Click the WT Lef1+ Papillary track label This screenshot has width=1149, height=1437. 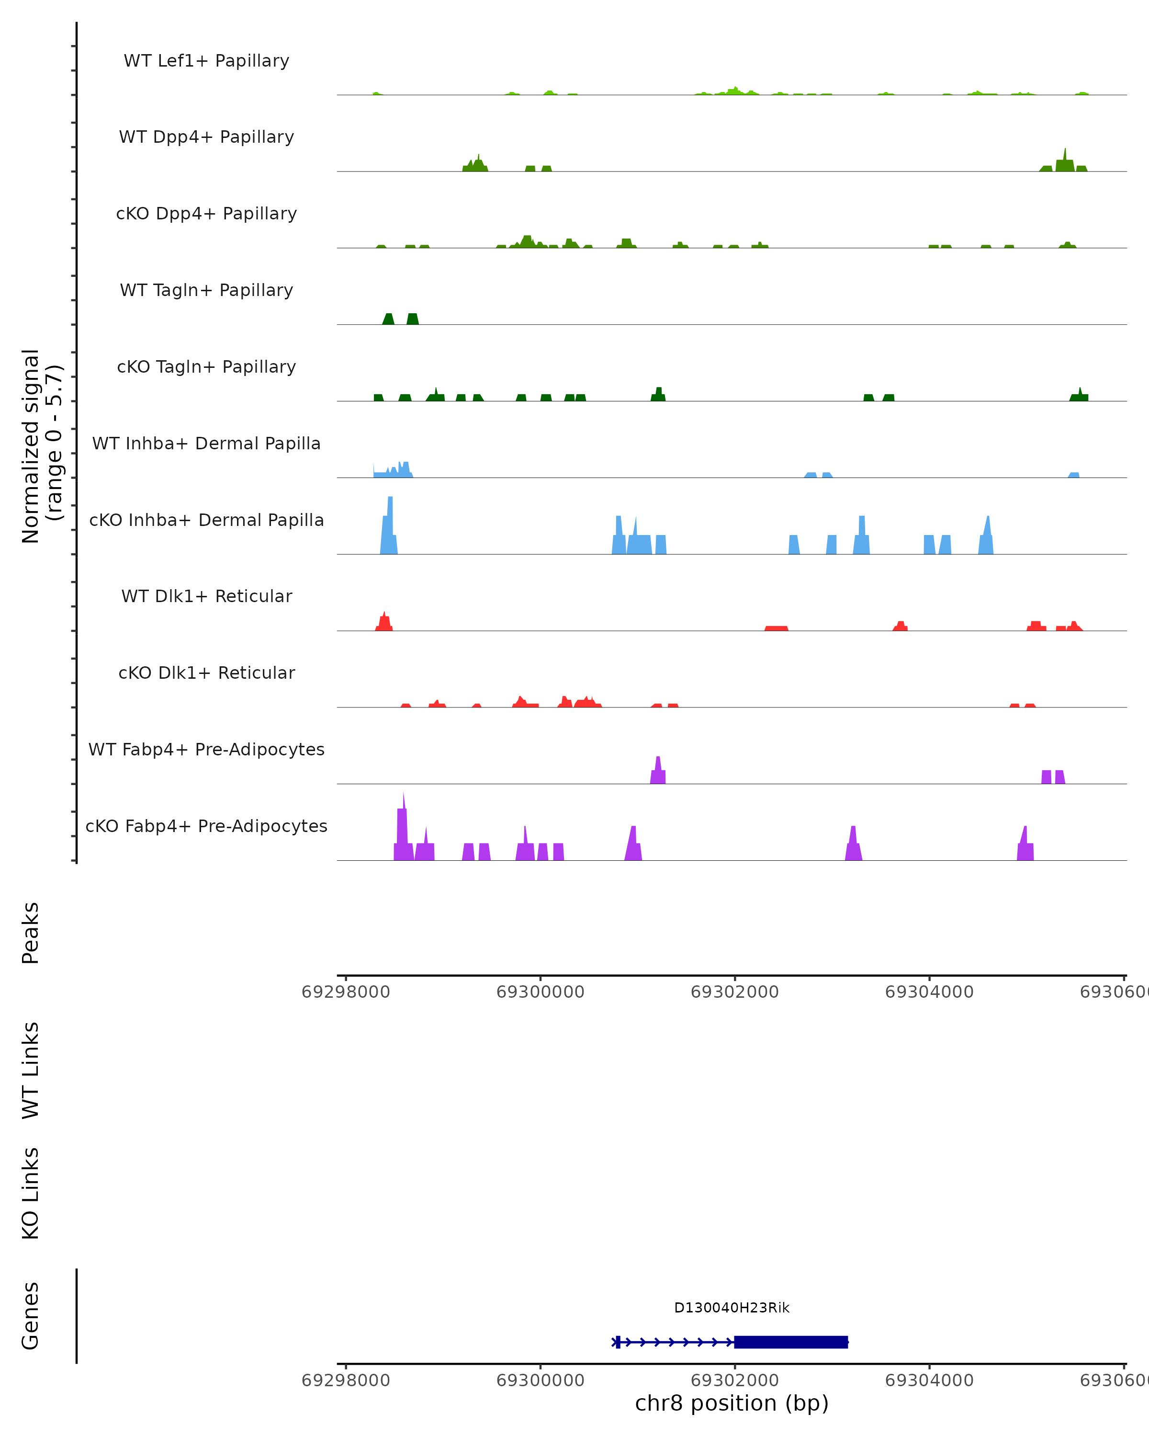coord(206,61)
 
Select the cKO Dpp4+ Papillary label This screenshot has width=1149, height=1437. coord(206,214)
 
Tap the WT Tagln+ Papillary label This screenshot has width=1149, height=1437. coord(206,291)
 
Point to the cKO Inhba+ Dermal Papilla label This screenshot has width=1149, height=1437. coord(206,521)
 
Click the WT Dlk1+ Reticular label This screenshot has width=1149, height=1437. coord(206,596)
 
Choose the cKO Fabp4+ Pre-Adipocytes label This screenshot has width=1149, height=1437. coord(206,826)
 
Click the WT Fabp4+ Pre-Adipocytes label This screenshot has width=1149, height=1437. coord(206,750)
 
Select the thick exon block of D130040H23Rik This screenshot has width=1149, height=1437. coord(790,1342)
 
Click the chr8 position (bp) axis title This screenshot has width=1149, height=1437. coord(732,1403)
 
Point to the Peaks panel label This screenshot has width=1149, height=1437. coord(31,933)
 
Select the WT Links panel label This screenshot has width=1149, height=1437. coord(31,1070)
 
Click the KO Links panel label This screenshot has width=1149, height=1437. coord(31,1193)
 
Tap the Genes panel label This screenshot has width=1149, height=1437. coord(31,1316)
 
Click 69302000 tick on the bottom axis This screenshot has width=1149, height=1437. coord(735,1380)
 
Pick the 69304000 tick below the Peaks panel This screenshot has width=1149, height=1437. coord(929,992)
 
